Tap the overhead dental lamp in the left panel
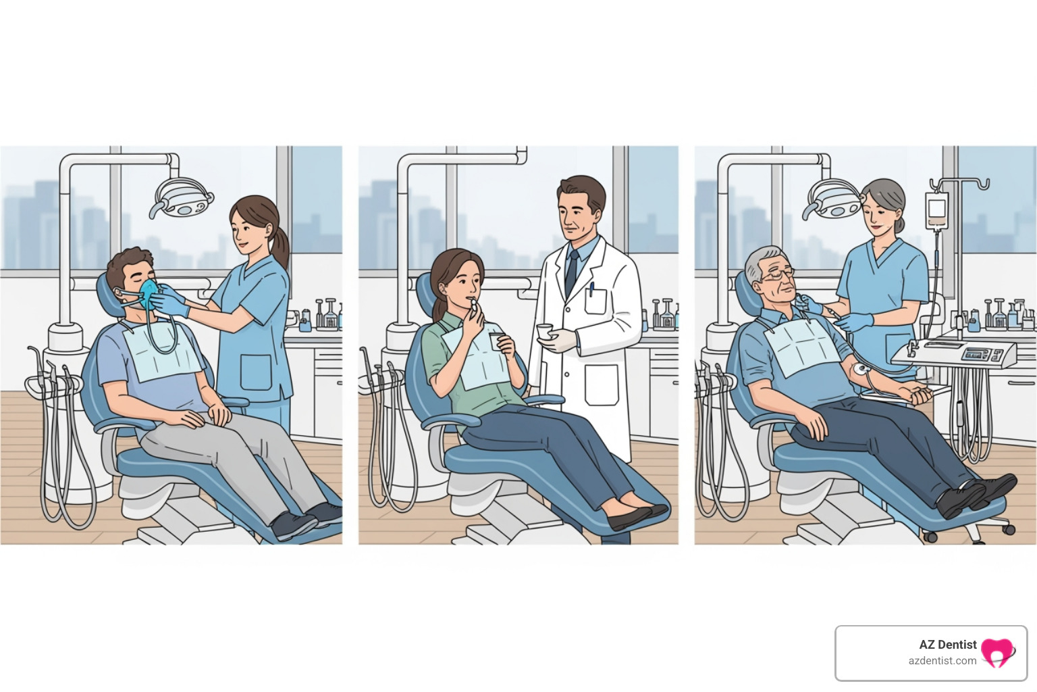click(182, 197)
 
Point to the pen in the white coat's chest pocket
click(591, 290)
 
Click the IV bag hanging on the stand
click(936, 209)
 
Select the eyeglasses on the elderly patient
click(778, 274)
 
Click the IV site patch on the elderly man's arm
click(861, 369)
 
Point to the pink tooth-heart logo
click(997, 653)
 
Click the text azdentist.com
click(942, 661)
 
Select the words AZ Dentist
click(947, 644)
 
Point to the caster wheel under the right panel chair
click(931, 537)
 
